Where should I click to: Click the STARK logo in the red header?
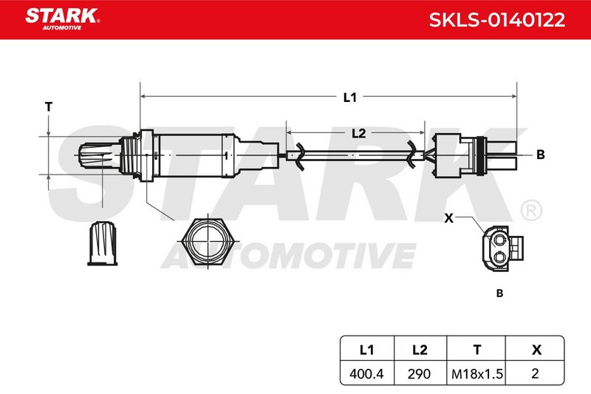(62, 19)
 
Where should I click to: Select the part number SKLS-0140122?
(496, 20)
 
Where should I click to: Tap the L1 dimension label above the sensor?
(349, 98)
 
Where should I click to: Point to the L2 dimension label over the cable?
(358, 133)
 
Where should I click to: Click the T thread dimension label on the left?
(49, 107)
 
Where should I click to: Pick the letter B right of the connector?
(541, 154)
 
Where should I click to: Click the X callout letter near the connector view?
(448, 218)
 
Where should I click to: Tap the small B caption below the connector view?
(500, 293)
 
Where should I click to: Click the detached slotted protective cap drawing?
(103, 243)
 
